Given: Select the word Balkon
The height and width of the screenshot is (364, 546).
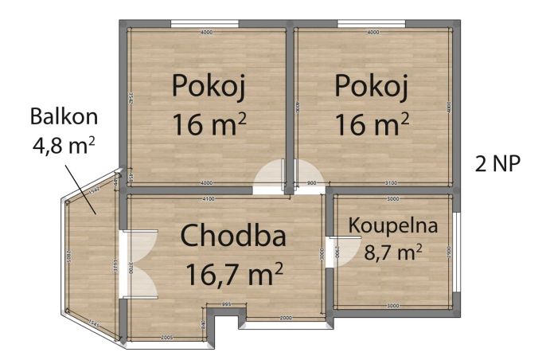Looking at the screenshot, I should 64,116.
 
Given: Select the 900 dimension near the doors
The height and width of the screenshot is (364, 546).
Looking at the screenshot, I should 312,183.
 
